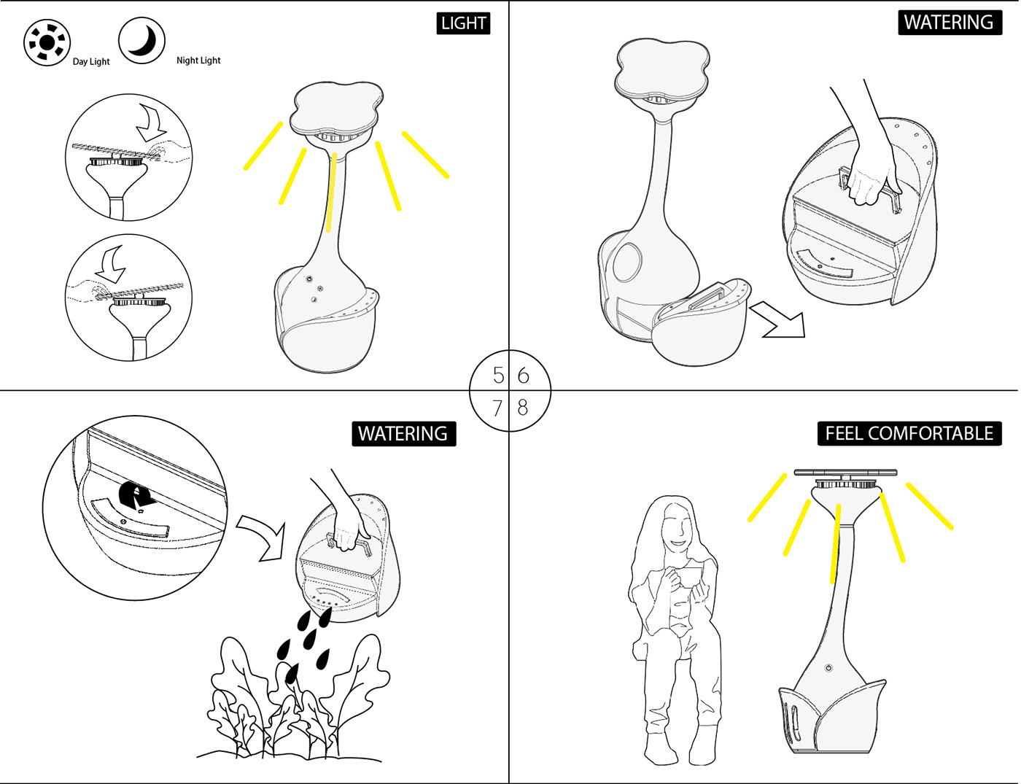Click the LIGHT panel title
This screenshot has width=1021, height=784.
pos(463,23)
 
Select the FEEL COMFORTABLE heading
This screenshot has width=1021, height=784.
pos(909,433)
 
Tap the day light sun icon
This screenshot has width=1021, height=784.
pos(47,43)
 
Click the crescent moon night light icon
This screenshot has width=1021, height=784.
pos(141,40)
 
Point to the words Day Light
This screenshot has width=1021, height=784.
pos(91,62)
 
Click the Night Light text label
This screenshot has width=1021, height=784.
pos(198,61)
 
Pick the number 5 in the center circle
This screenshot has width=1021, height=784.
pos(498,376)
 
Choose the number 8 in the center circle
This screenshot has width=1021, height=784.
pos(522,407)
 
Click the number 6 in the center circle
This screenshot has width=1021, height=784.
pos(523,376)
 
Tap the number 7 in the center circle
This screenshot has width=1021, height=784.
pos(497,408)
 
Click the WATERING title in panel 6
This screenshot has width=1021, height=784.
pos(948,23)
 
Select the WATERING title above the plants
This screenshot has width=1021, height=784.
pos(403,433)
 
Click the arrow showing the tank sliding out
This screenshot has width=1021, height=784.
pos(778,321)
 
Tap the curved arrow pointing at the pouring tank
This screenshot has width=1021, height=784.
pos(263,536)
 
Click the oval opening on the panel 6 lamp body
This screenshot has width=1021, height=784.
pos(627,262)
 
